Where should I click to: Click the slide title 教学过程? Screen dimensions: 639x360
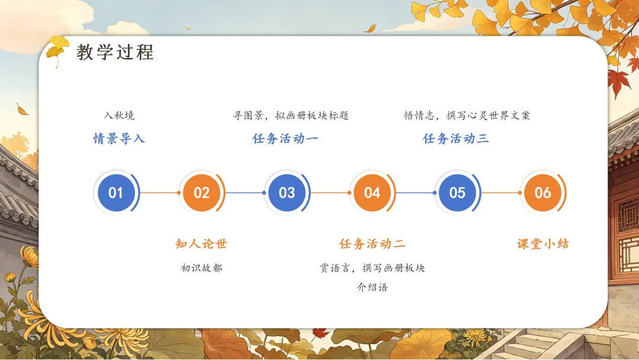115,52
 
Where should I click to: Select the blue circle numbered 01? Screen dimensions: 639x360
116,192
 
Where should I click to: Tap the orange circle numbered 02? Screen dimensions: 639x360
201,192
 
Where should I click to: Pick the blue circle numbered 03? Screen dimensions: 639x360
286,192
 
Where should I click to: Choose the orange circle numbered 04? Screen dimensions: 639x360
372,192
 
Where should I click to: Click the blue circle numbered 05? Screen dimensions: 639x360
457,192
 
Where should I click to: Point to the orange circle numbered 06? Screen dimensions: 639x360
543,192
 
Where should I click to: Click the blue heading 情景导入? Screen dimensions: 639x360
119,139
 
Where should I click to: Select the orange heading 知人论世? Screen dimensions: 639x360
201,244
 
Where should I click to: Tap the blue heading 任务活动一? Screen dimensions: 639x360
285,139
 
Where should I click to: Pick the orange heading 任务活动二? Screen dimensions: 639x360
372,244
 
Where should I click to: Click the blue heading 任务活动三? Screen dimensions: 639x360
456,139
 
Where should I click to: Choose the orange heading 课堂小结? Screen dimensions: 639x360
543,244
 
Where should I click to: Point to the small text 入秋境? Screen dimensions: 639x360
119,115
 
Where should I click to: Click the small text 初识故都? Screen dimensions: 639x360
201,268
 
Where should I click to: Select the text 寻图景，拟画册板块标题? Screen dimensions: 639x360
291,115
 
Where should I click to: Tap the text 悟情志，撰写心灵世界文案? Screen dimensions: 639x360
467,115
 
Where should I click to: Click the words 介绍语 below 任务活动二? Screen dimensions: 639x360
372,287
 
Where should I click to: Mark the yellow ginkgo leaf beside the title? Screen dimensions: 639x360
57,50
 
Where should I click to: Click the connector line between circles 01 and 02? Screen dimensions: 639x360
160,192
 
